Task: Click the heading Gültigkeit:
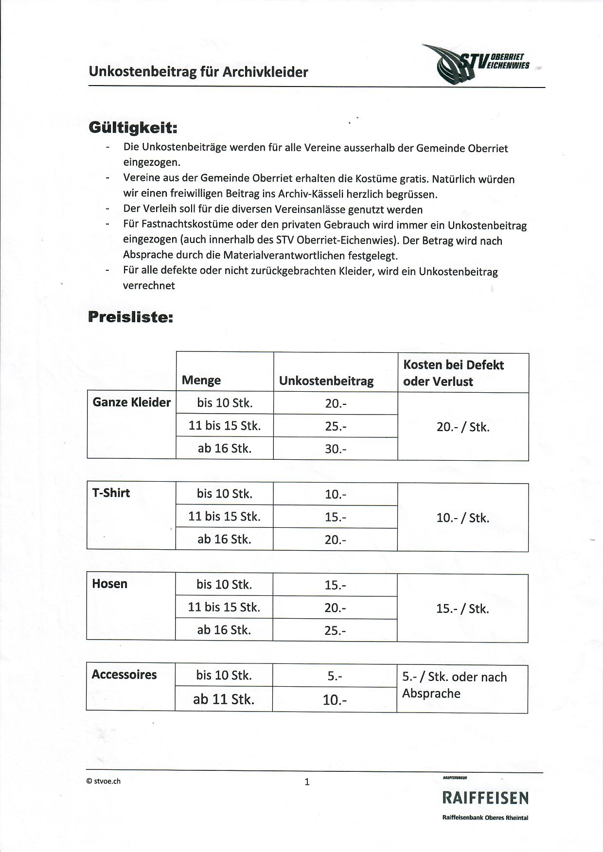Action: pos(133,128)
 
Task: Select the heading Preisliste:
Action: pos(130,317)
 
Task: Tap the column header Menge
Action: pos(201,380)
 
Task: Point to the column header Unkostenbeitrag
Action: pos(326,381)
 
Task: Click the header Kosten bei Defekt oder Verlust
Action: pos(453,373)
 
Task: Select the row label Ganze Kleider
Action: pos(131,402)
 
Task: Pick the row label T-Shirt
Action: pos(111,493)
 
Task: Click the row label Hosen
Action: pos(109,584)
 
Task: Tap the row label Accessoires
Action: pos(124,675)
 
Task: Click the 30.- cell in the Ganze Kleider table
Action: pos(336,449)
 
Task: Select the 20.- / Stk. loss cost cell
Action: pos(463,427)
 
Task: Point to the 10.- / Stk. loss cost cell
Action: pos(463,518)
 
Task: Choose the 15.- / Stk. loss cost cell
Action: pos(462,609)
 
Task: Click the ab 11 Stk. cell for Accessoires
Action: pos(224,699)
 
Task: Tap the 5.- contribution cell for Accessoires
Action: pos(335,676)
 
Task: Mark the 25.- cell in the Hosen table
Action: pos(335,630)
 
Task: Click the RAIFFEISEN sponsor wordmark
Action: pos(485,798)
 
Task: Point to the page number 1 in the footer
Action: pos(307,782)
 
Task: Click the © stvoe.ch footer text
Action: pos(103,781)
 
